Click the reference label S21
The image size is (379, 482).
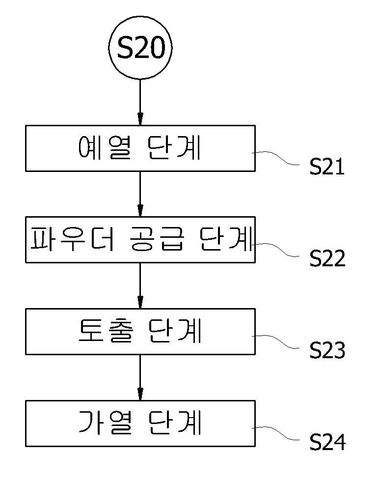click(327, 167)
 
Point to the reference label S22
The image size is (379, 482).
click(327, 258)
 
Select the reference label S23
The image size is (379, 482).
click(327, 350)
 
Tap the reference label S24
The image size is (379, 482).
click(327, 442)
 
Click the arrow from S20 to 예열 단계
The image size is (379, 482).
click(140, 102)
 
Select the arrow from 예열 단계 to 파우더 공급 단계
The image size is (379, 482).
click(140, 194)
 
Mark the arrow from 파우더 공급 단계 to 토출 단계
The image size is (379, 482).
click(140, 285)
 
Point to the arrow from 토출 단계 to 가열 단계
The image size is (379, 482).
click(140, 377)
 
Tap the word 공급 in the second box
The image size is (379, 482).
click(157, 239)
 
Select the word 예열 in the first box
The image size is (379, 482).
click(105, 147)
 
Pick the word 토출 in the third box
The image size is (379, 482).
click(106, 331)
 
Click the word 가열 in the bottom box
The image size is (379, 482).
click(106, 423)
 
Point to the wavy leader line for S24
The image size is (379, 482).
click(276, 433)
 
